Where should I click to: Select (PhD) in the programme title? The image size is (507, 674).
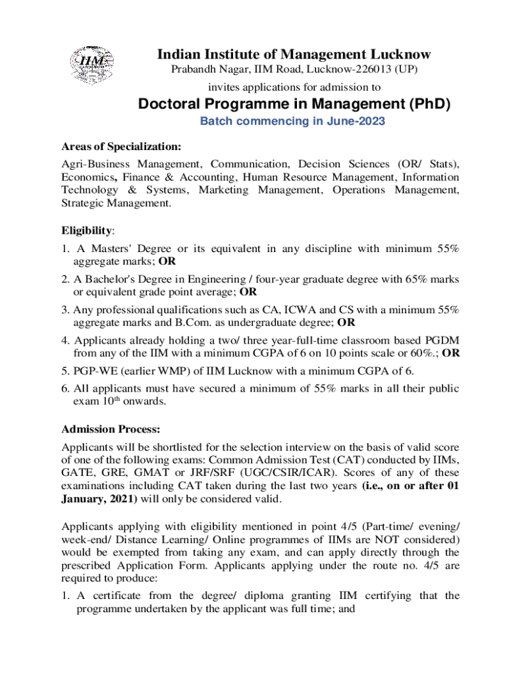click(428, 104)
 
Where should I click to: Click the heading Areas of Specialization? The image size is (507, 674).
click(121, 145)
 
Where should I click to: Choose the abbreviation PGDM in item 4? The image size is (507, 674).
click(444, 340)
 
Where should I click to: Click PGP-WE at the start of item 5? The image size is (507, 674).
click(96, 371)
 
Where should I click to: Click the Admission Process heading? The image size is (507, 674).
click(111, 430)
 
